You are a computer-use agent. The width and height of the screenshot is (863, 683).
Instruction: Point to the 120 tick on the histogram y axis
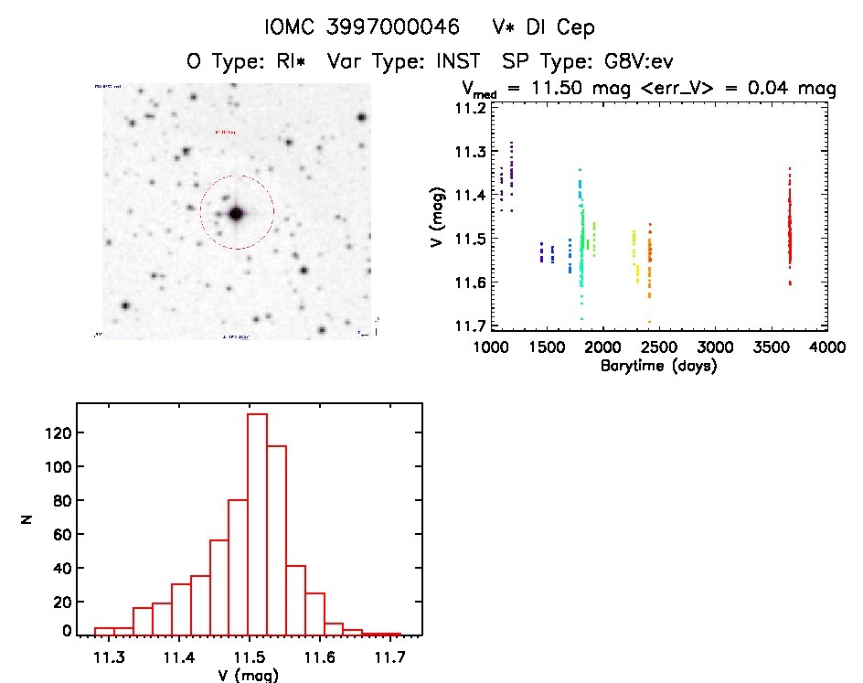click(x=57, y=432)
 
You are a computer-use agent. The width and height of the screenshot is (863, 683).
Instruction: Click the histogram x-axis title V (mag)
click(x=249, y=676)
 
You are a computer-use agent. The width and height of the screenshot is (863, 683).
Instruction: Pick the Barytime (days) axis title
click(x=658, y=366)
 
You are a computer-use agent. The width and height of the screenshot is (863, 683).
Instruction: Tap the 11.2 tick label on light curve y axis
click(x=472, y=107)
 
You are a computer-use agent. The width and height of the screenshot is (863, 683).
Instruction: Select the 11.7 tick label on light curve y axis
click(x=472, y=326)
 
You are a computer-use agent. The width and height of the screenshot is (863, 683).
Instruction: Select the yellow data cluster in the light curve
click(x=634, y=256)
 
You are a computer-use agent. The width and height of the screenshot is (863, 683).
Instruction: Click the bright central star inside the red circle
click(x=236, y=213)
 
